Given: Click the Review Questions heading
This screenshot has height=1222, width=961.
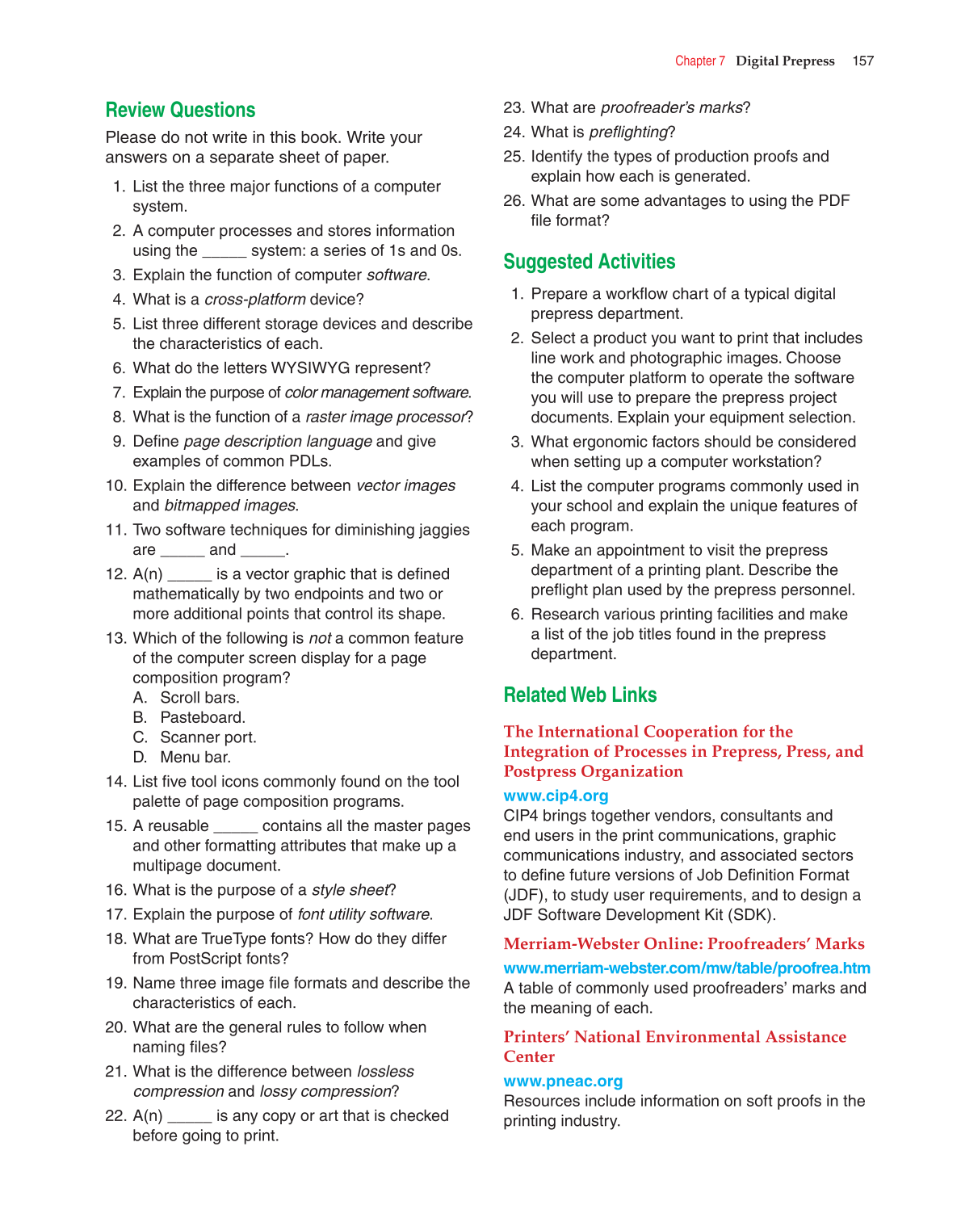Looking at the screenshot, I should (x=180, y=110).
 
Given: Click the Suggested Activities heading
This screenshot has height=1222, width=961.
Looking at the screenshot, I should (x=589, y=262).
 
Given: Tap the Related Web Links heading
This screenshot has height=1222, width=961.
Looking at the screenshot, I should (x=580, y=695).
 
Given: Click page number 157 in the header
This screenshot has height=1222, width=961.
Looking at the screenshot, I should (x=862, y=61).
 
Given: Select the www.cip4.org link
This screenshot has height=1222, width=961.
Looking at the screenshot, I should (x=556, y=796).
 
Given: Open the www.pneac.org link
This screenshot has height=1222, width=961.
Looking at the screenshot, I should (x=563, y=1081).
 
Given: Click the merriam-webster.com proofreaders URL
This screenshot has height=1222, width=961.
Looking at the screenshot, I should (x=686, y=968).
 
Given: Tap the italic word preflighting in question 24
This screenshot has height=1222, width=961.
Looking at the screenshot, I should (x=628, y=132).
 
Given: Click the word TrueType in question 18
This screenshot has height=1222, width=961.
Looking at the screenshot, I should (x=241, y=939).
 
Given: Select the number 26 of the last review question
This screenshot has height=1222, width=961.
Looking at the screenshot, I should (x=514, y=200).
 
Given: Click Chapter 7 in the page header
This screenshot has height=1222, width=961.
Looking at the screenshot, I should (x=699, y=61).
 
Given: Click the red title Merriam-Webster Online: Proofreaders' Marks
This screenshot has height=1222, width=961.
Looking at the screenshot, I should (x=683, y=943).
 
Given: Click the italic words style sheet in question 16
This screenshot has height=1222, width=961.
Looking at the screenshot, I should (x=350, y=890).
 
